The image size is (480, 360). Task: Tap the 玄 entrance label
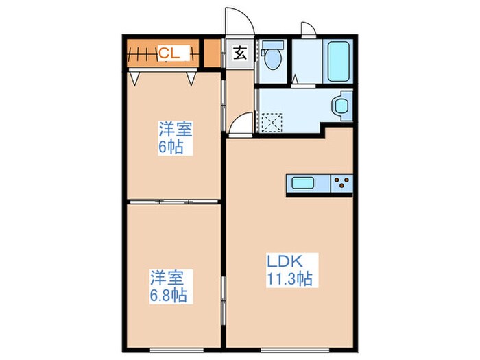coord(240,53)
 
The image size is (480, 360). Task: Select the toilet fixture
coord(272,56)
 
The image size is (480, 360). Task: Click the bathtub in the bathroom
coord(338,61)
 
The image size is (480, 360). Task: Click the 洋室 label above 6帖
coord(174,129)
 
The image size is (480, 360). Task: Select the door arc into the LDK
coord(240,125)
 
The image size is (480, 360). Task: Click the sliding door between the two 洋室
coord(174,201)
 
